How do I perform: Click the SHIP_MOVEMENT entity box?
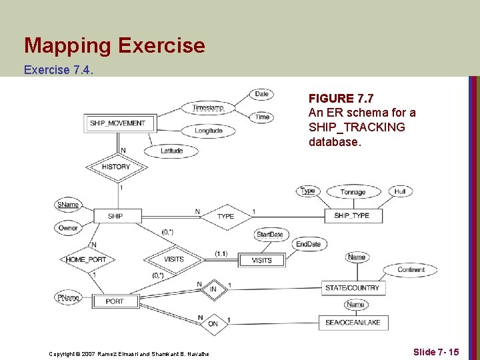117,123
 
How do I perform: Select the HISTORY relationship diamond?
116,167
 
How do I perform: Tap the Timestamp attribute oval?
207,108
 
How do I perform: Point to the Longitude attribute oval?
209,131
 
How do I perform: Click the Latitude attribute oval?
171,151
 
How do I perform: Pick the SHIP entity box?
115,216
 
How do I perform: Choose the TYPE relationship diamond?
225,216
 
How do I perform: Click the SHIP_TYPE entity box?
351,216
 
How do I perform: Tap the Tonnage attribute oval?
353,192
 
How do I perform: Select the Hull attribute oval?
400,191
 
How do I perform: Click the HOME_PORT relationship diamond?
86,259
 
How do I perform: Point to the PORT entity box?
115,301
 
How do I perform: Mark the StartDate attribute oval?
269,235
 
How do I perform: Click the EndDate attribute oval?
308,244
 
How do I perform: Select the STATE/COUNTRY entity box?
352,288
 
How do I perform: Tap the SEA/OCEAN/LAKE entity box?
353,323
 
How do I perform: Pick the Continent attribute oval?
411,270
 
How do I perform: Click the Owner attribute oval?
67,228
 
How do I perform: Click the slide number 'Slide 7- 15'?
435,351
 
